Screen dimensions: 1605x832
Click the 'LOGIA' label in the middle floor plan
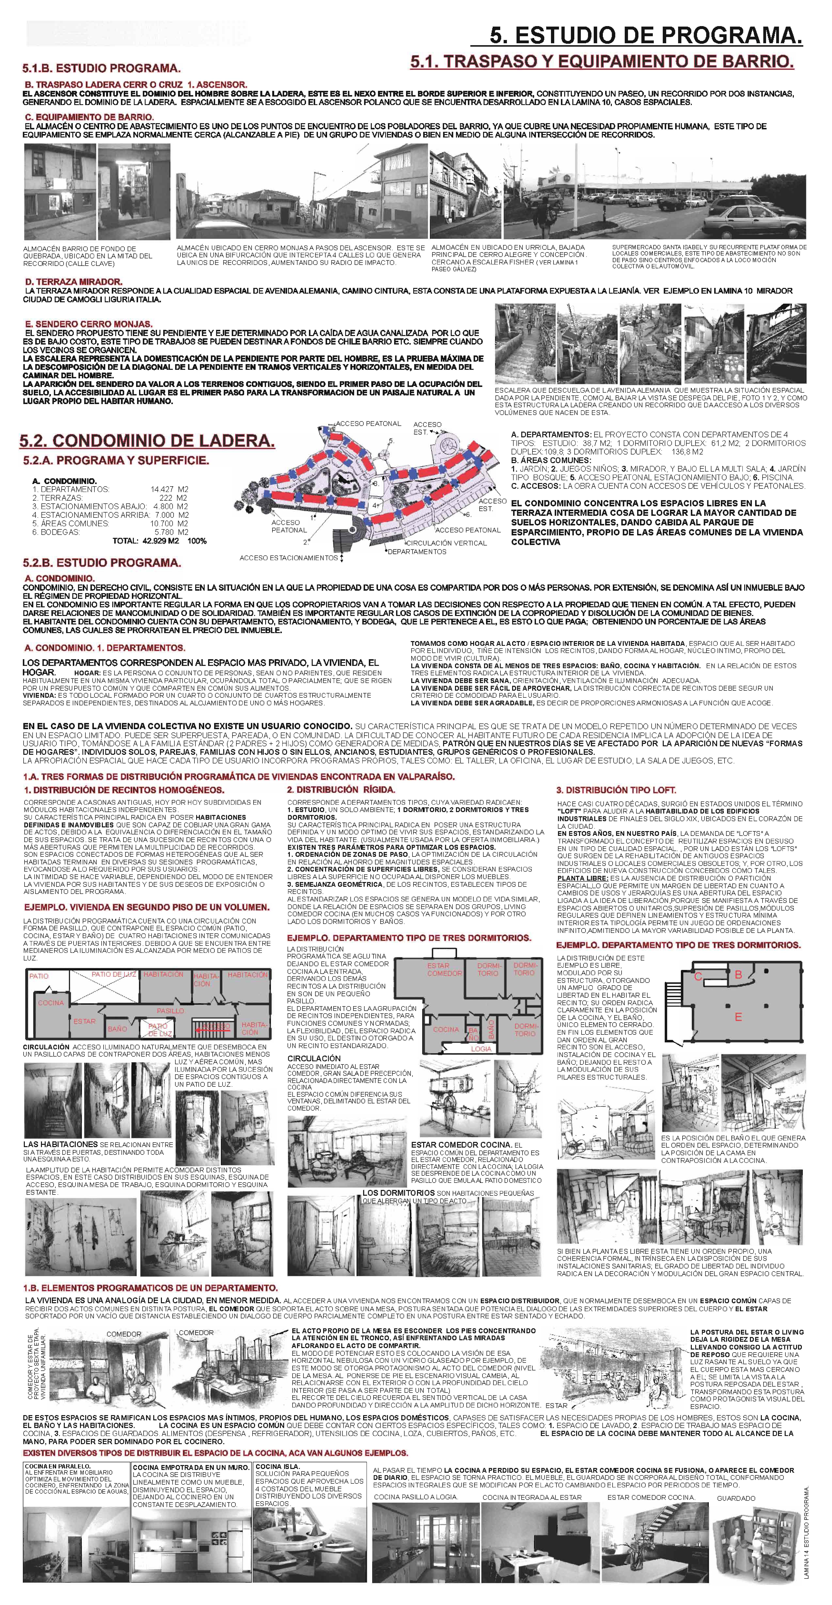[x=481, y=1049]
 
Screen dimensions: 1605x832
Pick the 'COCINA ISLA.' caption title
[x=277, y=1467]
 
